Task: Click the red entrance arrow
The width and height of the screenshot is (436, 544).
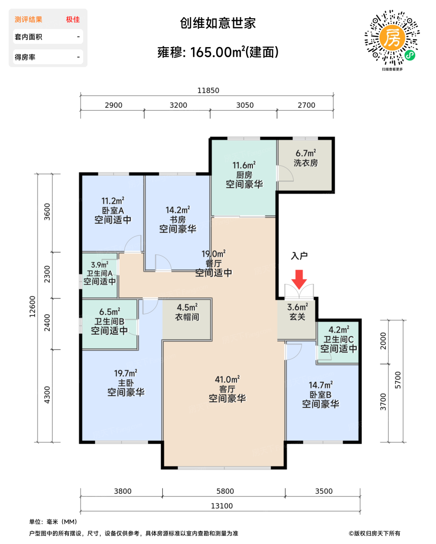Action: (x=299, y=279)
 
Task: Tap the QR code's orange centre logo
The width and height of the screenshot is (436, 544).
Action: (x=392, y=38)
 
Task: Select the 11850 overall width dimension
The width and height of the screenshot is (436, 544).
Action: (x=208, y=90)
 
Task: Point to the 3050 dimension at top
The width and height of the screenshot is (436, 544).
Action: (x=245, y=105)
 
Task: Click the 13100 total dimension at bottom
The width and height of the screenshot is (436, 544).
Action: (x=222, y=506)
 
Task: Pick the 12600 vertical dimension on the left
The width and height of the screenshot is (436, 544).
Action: (x=32, y=307)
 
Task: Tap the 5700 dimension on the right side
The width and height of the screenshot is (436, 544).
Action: (x=398, y=380)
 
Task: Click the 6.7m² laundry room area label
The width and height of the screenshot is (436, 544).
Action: (x=306, y=153)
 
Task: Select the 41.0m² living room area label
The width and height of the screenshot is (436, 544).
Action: (x=227, y=379)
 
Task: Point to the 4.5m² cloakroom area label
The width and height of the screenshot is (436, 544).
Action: (x=187, y=307)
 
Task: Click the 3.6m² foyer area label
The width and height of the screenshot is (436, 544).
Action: (x=298, y=307)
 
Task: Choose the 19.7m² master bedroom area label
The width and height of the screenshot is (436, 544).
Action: (x=126, y=373)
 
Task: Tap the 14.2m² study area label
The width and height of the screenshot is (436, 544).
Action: (x=178, y=209)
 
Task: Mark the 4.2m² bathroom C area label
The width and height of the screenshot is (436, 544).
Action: (x=339, y=330)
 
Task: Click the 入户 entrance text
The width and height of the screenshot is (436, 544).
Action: (x=299, y=256)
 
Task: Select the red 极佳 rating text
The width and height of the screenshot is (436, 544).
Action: (x=73, y=19)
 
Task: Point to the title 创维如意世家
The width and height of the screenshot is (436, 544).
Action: (x=218, y=23)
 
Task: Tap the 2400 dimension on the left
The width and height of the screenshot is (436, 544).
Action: (x=47, y=323)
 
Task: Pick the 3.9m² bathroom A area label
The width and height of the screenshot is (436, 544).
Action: (x=100, y=265)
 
